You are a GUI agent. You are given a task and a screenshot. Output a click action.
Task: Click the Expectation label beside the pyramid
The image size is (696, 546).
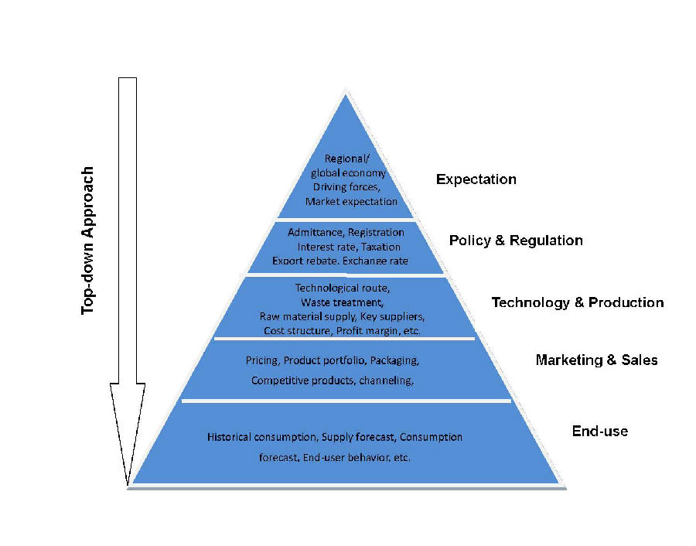(x=476, y=179)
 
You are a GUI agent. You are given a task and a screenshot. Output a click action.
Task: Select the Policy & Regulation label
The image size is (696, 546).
(x=516, y=241)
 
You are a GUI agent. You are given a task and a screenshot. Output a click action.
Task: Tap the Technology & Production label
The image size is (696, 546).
(x=578, y=302)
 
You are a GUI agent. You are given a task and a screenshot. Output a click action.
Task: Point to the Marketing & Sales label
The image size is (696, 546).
(x=596, y=360)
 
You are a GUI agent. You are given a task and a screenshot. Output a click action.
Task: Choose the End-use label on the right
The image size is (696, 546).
(x=599, y=431)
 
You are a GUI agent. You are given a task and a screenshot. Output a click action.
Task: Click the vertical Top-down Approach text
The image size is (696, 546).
(x=87, y=241)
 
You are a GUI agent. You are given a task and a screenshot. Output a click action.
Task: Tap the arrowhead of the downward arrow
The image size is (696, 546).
(x=128, y=434)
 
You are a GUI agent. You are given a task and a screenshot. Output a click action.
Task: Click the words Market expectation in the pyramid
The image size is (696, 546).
(x=351, y=202)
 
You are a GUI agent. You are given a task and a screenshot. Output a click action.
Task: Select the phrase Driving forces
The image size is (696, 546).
(x=346, y=187)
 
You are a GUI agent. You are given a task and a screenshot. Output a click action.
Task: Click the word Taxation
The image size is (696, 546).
(x=380, y=247)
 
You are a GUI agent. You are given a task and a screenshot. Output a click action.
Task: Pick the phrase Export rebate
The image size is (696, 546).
(x=305, y=261)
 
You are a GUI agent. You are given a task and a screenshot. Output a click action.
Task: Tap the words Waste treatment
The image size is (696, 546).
(x=343, y=302)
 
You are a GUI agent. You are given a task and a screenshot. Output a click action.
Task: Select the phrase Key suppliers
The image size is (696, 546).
(x=392, y=316)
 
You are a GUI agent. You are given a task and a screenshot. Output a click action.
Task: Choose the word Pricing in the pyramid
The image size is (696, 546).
(x=262, y=360)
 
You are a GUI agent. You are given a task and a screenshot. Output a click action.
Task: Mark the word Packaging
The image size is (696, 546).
(x=394, y=360)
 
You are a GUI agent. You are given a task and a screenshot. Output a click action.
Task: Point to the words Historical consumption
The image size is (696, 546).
(x=262, y=437)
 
